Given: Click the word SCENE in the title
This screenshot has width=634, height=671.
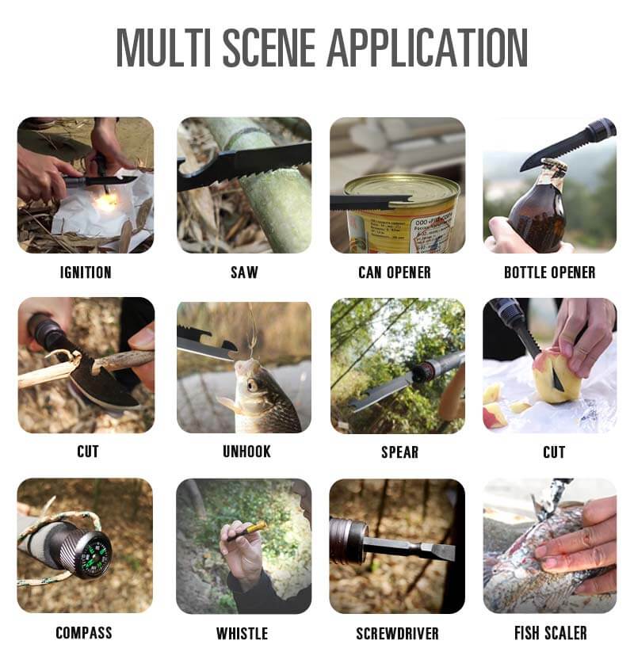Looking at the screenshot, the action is coord(269,48).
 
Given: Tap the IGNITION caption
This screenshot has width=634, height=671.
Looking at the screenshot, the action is coord(86,273).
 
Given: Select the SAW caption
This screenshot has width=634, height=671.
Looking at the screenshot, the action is coord(244,273).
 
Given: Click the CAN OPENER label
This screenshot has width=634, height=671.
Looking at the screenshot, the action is coord(395,273).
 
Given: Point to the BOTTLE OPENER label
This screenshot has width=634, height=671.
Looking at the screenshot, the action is coord(550,273).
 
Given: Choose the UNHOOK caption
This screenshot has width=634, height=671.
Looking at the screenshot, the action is coord(246,452).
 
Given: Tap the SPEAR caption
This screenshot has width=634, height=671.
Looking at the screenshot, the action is coord(400,452).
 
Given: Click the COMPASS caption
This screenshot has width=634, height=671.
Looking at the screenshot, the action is coord(84,632).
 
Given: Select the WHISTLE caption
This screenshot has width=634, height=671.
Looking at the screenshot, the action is coord(243,633).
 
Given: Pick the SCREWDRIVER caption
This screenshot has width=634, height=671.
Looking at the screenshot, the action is coord(397,633).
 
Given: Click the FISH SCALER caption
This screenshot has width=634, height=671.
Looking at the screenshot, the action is coord(551,633).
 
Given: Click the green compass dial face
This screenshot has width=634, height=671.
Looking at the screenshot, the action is coord(95,555).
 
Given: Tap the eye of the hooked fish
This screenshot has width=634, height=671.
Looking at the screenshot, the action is coord(252,386).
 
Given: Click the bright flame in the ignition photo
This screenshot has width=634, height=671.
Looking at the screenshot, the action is coord(105,202).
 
